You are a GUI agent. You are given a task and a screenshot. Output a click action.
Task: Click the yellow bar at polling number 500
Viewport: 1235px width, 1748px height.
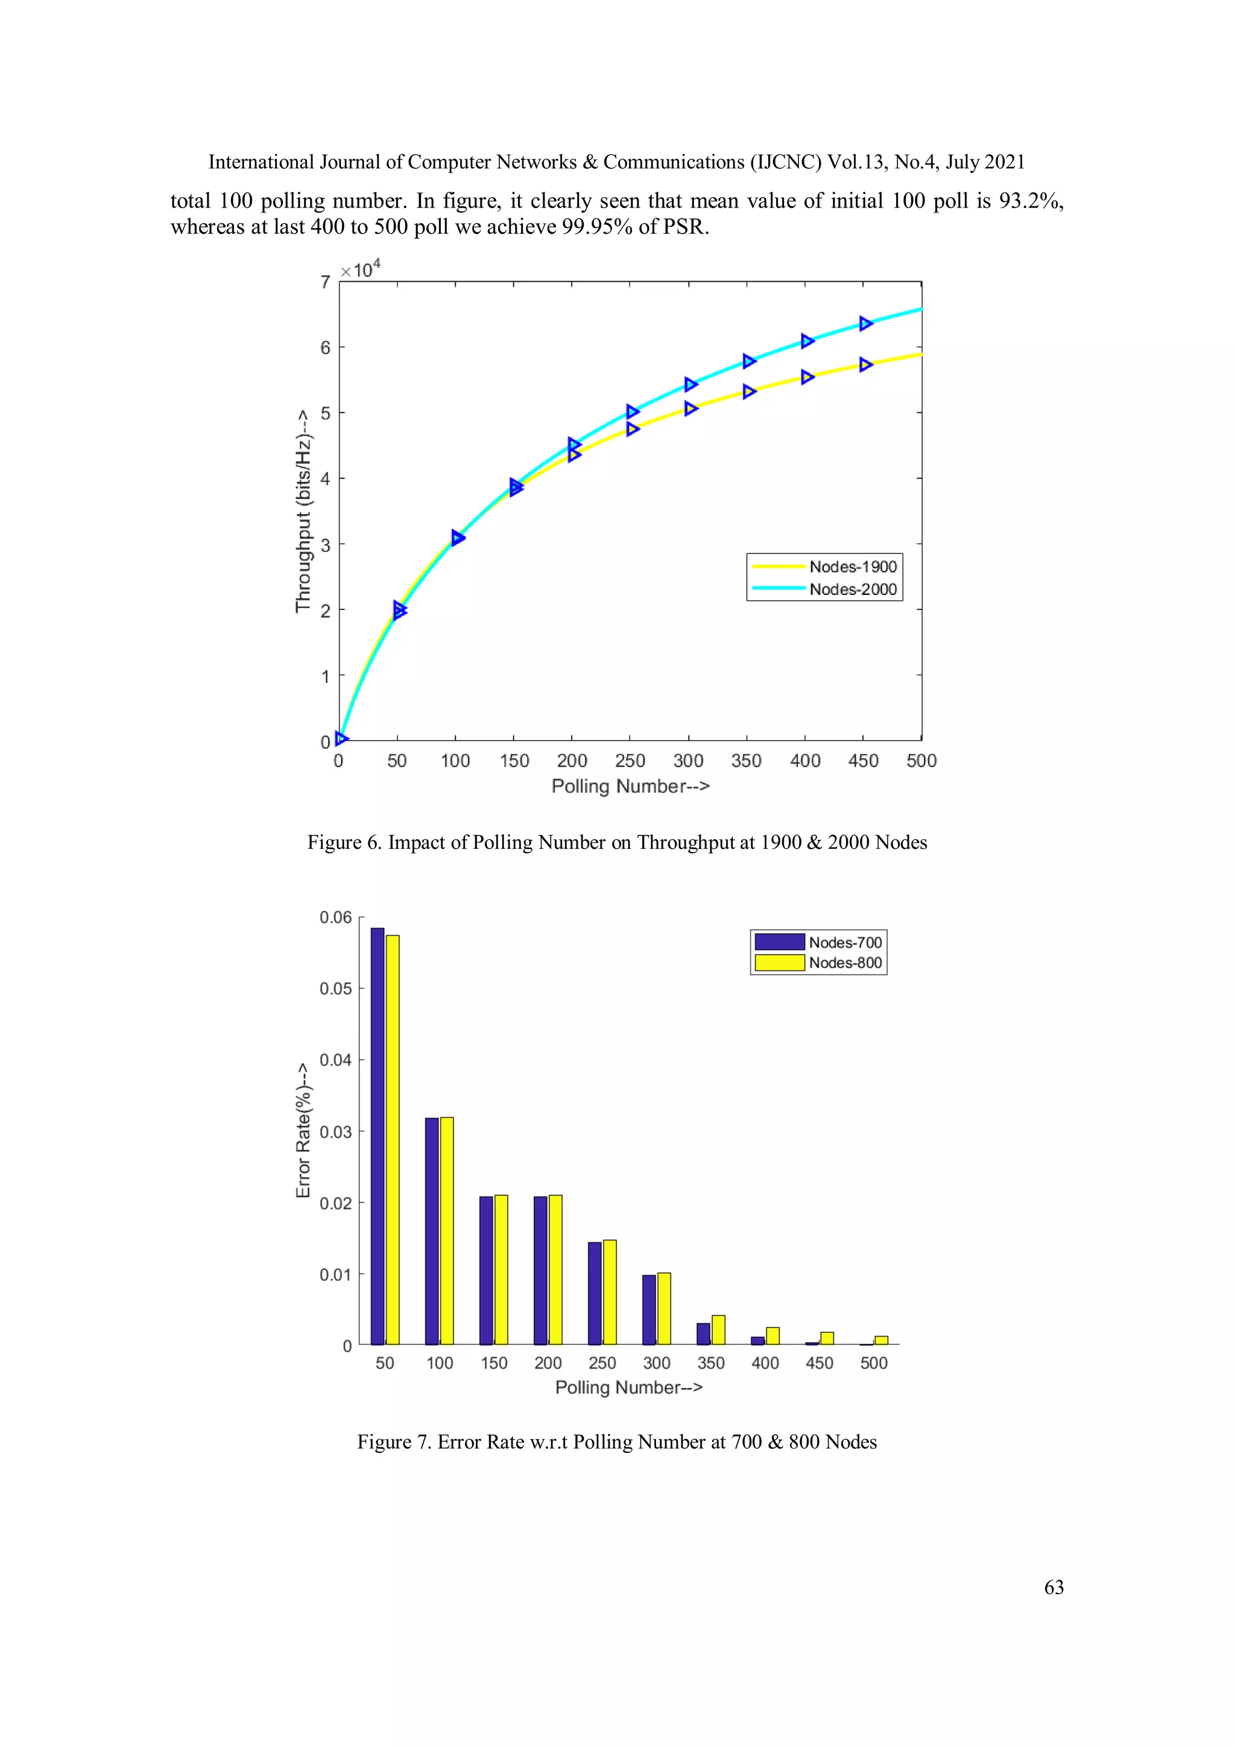tap(881, 1340)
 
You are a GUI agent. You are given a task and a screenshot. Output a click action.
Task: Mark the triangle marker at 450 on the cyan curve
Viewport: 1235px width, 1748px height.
tap(865, 323)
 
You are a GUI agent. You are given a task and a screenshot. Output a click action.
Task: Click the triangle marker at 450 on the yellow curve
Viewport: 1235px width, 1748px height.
tap(865, 364)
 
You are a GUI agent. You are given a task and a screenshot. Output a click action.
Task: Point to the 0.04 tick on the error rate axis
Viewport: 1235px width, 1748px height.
tap(335, 1060)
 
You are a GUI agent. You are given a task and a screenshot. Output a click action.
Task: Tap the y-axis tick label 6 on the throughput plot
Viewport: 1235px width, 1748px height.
tap(326, 348)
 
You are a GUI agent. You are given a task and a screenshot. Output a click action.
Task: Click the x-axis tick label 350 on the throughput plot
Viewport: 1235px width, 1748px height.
tap(747, 760)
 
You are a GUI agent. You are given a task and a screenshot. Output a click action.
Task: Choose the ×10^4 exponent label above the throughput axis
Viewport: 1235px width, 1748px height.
tap(361, 270)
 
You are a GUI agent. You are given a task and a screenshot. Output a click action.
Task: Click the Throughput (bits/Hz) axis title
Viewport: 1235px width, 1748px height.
tap(303, 510)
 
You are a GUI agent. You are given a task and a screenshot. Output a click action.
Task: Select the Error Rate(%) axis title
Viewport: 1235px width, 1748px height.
tap(303, 1131)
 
